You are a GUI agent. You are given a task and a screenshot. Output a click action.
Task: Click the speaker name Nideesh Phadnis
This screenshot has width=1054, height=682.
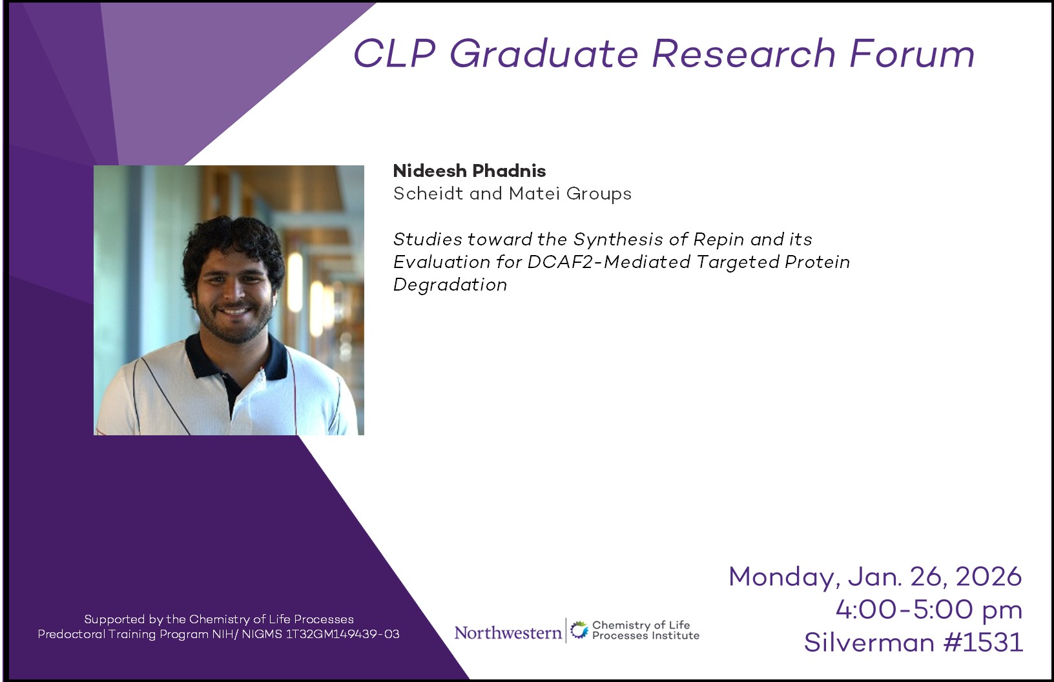[x=469, y=171]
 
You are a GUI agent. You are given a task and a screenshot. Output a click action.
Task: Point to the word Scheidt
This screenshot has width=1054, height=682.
[x=428, y=194]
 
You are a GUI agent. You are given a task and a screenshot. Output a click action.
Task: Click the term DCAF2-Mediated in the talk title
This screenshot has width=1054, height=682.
[x=609, y=262]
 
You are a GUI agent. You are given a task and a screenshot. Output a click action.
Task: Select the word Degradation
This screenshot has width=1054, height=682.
[x=450, y=284]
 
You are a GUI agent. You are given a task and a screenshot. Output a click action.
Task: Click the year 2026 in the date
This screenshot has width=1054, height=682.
[x=989, y=576]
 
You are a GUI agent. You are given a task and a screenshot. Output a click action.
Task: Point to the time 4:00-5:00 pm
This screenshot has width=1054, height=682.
[x=929, y=610]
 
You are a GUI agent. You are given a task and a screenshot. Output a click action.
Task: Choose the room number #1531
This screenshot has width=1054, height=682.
[x=983, y=643]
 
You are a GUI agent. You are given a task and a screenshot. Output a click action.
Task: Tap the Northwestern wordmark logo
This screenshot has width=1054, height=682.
[x=508, y=632]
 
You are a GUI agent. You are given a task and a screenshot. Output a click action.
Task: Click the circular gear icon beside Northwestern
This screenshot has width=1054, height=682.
[x=579, y=630]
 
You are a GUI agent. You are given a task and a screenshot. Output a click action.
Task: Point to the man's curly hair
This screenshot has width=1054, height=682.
[x=232, y=245]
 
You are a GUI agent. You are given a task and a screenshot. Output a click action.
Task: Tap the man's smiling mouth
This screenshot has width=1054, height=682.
[x=234, y=311]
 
